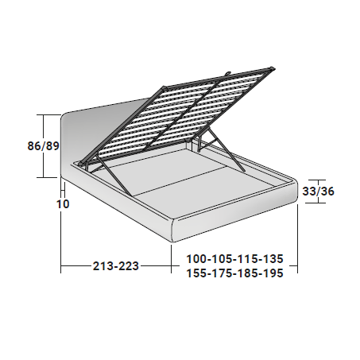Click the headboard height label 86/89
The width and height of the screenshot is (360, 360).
pos(43,146)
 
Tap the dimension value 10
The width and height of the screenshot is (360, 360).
pos(63,204)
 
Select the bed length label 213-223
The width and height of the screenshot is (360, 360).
pos(116,266)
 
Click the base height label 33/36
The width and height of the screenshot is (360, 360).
pos(318,191)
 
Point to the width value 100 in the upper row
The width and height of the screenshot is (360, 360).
pos(196,259)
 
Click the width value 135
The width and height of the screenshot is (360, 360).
pos(274,259)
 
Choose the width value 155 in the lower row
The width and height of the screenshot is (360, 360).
pos(196,273)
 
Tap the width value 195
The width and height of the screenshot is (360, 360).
pos(274,273)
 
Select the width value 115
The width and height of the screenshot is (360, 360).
pos(248,259)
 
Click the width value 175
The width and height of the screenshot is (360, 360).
pos(223,273)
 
